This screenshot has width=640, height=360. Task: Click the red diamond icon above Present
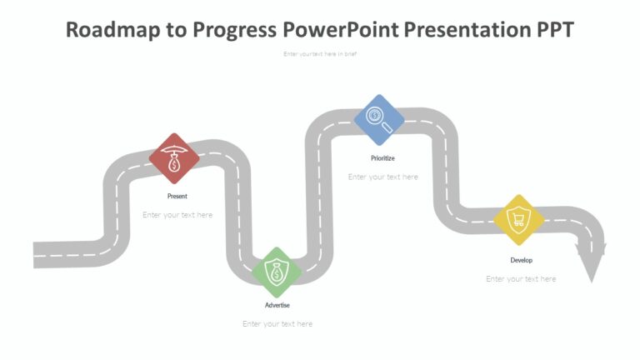point(174,158)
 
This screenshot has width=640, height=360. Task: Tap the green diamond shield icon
point(277,272)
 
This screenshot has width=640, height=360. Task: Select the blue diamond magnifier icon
point(379,119)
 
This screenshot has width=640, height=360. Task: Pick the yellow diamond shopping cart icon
point(519,221)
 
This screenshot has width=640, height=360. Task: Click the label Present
point(177,197)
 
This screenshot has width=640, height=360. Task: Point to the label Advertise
point(277,305)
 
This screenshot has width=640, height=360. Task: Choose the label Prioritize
point(382,157)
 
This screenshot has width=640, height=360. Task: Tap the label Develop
point(521,260)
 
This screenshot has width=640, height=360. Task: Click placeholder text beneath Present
point(177,215)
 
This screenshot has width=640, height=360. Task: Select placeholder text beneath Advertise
point(277,324)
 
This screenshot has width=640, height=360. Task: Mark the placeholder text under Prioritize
point(382,177)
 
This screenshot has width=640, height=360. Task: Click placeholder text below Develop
point(521,279)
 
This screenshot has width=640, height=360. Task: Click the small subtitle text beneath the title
point(320,54)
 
